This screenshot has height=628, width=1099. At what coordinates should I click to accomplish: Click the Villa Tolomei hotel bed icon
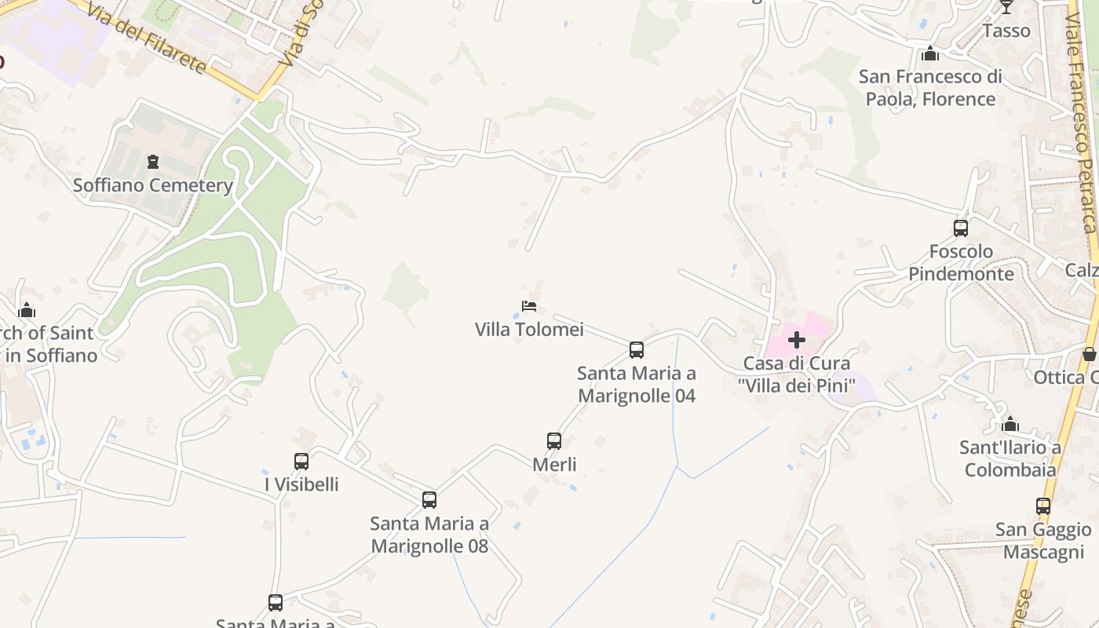click(529, 306)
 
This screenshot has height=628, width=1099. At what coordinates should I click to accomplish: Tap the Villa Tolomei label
click(529, 330)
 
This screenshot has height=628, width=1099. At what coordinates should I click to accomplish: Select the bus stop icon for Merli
click(554, 441)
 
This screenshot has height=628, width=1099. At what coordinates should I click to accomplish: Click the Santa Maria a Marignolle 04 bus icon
click(637, 350)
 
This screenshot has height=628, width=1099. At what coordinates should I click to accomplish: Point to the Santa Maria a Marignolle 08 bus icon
click(429, 500)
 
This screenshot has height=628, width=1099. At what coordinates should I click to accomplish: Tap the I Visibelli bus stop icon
click(301, 462)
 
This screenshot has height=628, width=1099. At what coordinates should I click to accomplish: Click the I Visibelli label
click(302, 484)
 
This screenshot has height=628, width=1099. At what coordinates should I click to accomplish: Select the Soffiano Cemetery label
click(153, 185)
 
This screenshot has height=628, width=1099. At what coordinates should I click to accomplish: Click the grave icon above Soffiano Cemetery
click(153, 162)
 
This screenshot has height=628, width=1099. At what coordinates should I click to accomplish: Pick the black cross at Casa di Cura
click(797, 340)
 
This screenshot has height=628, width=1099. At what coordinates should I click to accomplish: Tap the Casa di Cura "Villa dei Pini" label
click(797, 374)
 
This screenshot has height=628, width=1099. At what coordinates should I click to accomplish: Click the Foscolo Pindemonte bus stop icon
click(961, 228)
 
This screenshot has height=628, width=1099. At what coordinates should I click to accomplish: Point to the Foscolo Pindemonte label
click(962, 263)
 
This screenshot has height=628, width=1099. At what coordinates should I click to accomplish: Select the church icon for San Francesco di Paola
click(930, 53)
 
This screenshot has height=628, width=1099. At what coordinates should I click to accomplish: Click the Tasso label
click(1006, 31)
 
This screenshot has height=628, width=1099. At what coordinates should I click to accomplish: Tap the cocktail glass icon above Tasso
click(1006, 7)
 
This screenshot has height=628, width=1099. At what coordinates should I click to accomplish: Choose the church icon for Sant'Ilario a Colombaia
click(1010, 425)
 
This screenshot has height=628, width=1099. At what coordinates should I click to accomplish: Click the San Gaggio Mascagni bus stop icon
click(1043, 506)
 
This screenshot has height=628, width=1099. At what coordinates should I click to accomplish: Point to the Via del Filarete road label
click(147, 38)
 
